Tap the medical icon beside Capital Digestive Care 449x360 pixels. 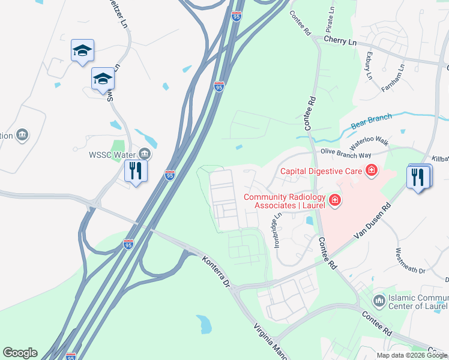pos(372,171)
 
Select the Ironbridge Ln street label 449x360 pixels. pos(278,230)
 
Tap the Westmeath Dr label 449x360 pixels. pos(410,262)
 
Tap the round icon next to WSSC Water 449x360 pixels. pos(144,154)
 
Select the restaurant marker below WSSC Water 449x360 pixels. pos(136,172)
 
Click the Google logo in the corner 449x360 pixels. pos(20,353)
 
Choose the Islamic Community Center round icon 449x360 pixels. pos(379,299)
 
